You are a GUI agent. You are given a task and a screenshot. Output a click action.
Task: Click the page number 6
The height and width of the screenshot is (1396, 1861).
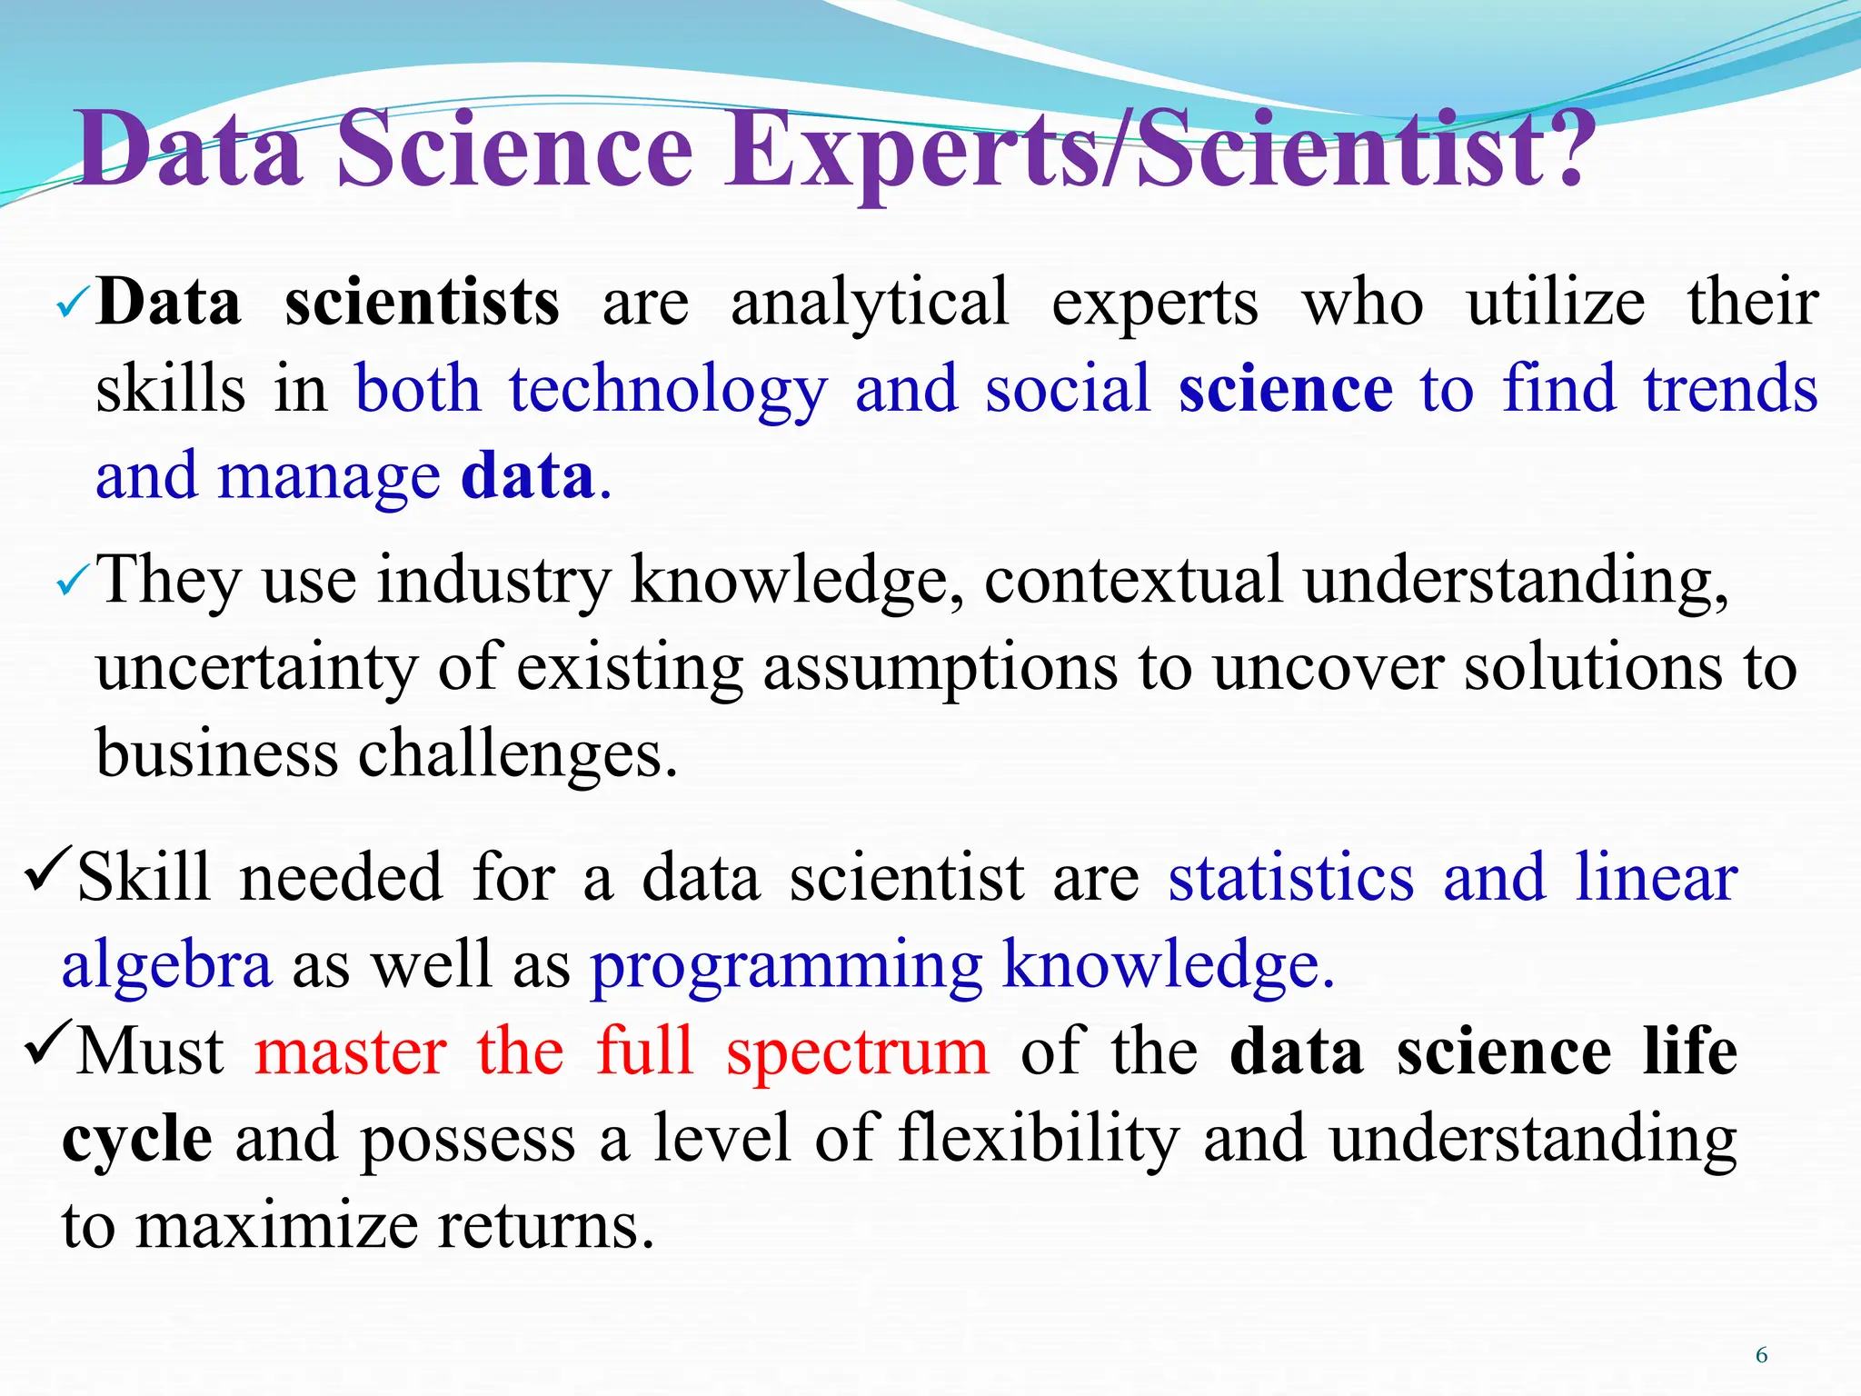pos(1761,1355)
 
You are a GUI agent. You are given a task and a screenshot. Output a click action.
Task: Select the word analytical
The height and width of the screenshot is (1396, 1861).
pos(870,304)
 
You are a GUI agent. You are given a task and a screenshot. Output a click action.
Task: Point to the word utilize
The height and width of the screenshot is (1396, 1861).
pos(1555,302)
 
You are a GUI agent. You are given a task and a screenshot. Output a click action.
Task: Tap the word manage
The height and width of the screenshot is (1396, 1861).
pos(329,476)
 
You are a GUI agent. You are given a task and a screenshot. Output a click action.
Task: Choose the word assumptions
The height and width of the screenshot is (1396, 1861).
pos(940,669)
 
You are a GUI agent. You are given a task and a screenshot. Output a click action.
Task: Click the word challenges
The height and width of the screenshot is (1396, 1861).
pos(518,754)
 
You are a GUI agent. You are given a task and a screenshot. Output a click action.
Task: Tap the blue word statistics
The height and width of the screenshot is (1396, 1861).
pos(1291,878)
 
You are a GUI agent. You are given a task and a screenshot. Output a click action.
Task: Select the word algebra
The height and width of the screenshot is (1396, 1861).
pos(166,965)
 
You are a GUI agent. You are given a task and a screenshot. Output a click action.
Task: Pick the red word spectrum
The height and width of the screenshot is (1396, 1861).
pos(857,1052)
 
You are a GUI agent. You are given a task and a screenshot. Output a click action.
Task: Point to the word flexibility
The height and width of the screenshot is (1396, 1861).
pos(1039,1138)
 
